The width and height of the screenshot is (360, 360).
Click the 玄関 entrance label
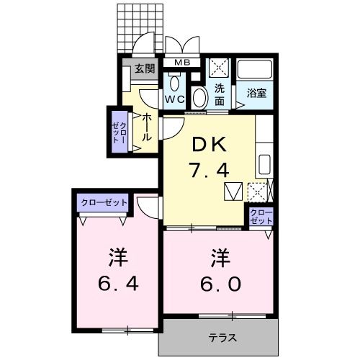point(144,69)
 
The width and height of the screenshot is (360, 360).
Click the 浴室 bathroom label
point(257,93)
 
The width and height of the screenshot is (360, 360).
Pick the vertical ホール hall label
point(146,126)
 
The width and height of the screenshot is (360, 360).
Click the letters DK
point(209,144)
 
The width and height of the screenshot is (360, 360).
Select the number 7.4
point(209,171)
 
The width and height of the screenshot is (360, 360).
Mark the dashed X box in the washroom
point(219,68)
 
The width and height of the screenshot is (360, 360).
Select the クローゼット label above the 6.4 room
point(103,202)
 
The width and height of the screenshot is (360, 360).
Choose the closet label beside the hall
point(118,130)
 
